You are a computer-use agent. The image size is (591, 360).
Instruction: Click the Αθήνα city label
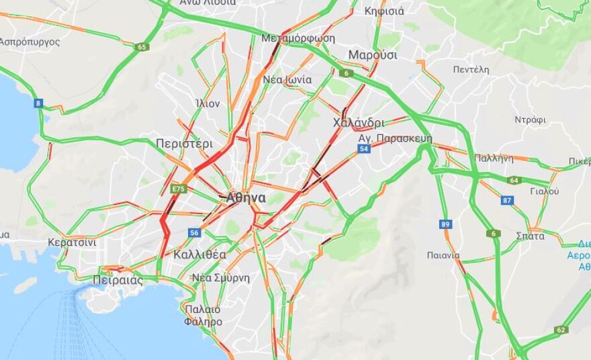(245, 198)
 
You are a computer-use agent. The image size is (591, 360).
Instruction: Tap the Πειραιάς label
(118, 280)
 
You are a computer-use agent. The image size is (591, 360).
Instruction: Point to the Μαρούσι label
(373, 55)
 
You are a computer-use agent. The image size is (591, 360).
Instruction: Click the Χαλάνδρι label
(359, 123)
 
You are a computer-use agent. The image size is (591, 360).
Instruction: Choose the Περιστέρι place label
(184, 144)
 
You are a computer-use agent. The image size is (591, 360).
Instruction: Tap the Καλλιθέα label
(199, 255)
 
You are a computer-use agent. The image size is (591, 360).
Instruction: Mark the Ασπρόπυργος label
(30, 42)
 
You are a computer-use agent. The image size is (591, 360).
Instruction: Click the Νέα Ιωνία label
(287, 79)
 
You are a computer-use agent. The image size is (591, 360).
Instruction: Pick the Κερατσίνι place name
(72, 242)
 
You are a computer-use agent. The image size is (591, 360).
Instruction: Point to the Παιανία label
(443, 255)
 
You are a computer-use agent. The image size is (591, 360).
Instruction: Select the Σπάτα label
(531, 236)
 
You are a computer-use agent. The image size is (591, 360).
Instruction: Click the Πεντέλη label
(470, 69)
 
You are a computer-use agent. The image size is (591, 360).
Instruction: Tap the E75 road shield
(178, 189)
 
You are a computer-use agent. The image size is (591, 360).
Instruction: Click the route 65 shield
(141, 47)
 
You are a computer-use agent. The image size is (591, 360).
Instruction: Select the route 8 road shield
(38, 103)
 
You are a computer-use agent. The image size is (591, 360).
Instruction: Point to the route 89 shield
(445, 224)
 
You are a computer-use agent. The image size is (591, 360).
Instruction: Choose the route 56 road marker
(195, 232)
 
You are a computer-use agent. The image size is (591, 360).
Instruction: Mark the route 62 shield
(561, 330)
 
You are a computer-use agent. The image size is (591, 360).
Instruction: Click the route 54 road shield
(363, 149)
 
